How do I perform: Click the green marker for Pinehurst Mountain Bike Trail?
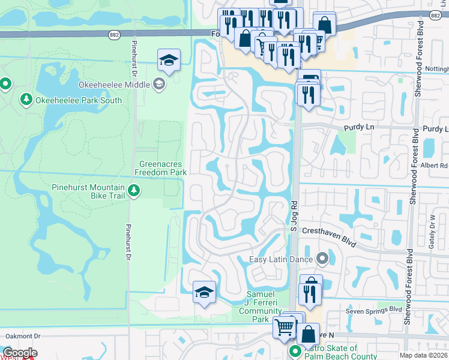click(134, 191)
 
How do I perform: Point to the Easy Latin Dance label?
click(282, 259)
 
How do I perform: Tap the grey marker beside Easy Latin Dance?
click(322, 259)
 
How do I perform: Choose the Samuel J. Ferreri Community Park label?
click(261, 307)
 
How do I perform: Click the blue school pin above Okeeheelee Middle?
click(169, 61)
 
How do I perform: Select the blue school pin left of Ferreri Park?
click(204, 293)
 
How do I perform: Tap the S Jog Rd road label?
click(294, 216)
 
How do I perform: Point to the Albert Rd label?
click(435, 166)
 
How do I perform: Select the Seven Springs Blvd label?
click(373, 310)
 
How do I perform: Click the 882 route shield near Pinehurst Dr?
click(114, 35)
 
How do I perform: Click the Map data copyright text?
click(424, 355)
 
